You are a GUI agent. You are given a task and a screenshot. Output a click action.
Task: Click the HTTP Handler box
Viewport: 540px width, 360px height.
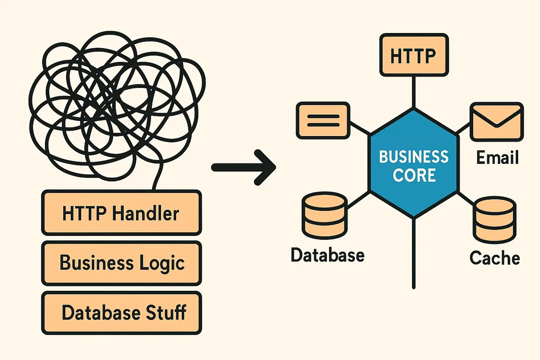tap(121, 213)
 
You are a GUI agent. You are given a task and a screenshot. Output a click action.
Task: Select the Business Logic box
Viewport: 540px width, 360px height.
tap(121, 263)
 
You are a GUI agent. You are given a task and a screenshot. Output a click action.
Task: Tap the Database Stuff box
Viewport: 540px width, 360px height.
tap(121, 313)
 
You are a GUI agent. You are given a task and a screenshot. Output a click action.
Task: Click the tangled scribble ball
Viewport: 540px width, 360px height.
tap(115, 103)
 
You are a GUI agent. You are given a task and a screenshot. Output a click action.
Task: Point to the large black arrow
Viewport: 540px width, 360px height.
tap(243, 167)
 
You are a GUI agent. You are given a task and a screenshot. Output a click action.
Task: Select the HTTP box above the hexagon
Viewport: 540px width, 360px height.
tap(414, 55)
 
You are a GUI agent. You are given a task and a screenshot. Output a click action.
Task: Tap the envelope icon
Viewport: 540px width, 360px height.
tap(497, 122)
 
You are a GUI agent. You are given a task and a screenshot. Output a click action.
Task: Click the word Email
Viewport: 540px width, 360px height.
tap(497, 158)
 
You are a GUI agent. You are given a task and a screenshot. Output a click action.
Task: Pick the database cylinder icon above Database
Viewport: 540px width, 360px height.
tap(324, 215)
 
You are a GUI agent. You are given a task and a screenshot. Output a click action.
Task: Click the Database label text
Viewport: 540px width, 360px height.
tap(327, 255)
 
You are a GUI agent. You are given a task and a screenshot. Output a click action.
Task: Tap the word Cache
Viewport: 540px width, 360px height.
tap(495, 258)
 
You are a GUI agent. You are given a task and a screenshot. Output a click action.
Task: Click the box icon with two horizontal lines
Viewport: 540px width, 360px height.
tap(323, 121)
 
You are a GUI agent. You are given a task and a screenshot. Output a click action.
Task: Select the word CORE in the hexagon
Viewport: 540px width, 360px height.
tap(414, 175)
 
